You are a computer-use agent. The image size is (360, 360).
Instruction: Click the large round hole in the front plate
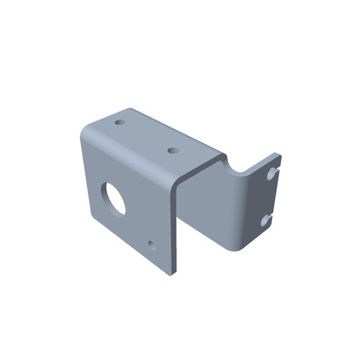(113, 197)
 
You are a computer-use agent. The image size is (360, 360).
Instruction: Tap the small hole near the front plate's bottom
(151, 244)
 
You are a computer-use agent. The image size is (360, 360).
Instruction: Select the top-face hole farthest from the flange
(120, 122)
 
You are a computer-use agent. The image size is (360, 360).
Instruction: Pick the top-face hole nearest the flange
(173, 150)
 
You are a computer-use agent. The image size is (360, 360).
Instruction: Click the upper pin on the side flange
(271, 173)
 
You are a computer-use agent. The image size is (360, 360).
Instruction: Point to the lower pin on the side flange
(266, 217)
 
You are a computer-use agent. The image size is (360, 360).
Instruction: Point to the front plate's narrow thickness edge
(175, 230)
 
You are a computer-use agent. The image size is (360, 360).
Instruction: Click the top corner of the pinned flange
(277, 153)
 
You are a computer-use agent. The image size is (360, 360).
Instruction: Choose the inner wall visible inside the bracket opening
(209, 209)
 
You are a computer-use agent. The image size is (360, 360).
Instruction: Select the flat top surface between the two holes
(148, 137)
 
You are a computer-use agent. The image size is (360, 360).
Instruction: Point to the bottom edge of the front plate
(130, 248)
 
